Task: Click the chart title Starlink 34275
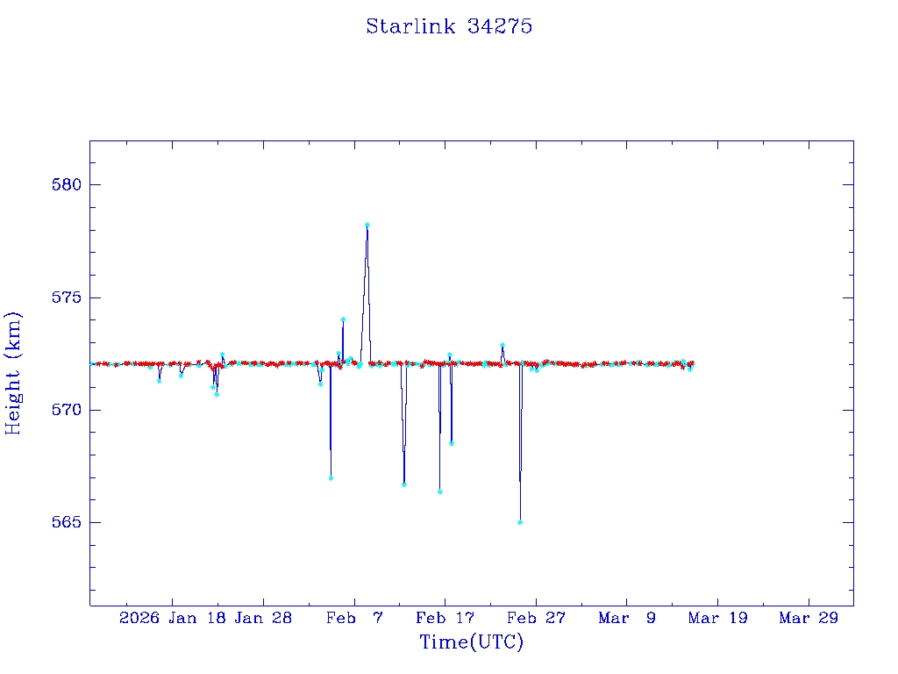[x=449, y=26]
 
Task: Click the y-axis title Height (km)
[x=13, y=373]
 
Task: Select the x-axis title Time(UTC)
[x=471, y=642]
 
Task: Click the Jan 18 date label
[x=197, y=618]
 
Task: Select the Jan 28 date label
[x=264, y=618]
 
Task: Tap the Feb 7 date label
[x=354, y=618]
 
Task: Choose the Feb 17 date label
[x=445, y=618]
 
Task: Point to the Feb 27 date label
[x=536, y=618]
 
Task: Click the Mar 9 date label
[x=627, y=618]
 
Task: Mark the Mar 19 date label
[x=717, y=618]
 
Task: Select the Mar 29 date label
[x=809, y=618]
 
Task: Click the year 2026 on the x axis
[x=139, y=618]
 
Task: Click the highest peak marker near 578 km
[x=367, y=225]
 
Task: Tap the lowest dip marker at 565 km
[x=520, y=522]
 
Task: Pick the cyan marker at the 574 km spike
[x=343, y=319]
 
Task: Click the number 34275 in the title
[x=500, y=26]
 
